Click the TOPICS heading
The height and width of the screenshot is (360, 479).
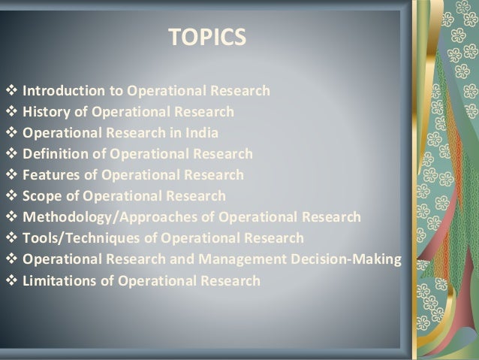206,38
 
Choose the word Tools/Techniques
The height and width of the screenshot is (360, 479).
81,239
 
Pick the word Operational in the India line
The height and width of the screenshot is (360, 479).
60,134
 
